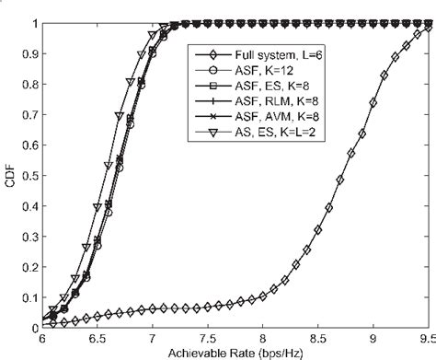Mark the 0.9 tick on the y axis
coord(29,53)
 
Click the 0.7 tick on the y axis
coord(29,115)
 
